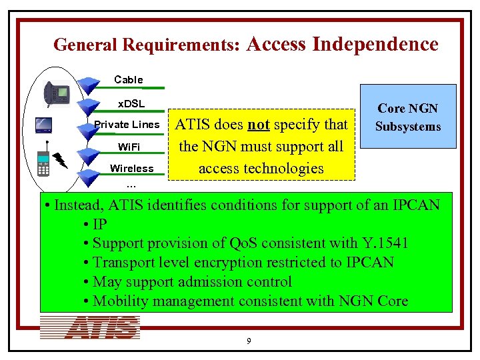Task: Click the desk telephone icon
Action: coord(57,94)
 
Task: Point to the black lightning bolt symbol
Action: coord(61,160)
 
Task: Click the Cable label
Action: coord(128,79)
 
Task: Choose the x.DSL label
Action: coord(131,103)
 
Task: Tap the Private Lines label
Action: coord(127,124)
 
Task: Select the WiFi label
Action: coord(131,146)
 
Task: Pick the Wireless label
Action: coord(131,168)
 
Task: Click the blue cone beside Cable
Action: coord(87,84)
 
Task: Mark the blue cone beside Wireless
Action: coord(87,175)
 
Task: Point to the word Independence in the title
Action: coord(375,44)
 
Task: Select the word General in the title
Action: coord(81,45)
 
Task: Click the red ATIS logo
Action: coord(90,328)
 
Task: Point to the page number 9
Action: coord(249,341)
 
